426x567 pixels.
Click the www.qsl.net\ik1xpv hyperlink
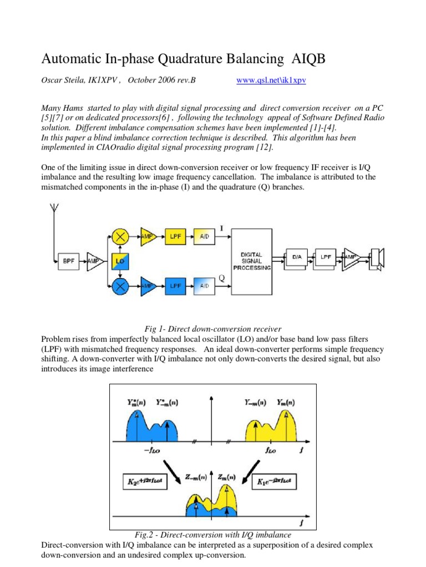click(x=271, y=80)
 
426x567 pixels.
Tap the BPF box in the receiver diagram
click(x=69, y=261)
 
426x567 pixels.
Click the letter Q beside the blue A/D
click(x=221, y=279)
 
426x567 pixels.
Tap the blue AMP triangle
click(x=148, y=286)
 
